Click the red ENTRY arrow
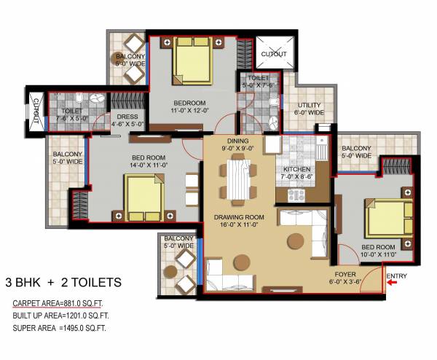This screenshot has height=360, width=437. (x=394, y=285)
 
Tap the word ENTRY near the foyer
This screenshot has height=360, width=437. (x=397, y=275)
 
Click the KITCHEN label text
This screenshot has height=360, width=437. (x=296, y=169)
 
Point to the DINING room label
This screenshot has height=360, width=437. (x=238, y=141)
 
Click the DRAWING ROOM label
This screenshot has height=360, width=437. (x=238, y=217)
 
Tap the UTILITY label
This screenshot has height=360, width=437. (x=308, y=106)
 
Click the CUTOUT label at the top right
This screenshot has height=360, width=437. (x=274, y=53)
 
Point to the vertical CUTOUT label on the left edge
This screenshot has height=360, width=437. (x=36, y=111)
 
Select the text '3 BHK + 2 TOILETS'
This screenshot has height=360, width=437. (x=63, y=281)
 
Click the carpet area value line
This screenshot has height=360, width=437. (x=58, y=302)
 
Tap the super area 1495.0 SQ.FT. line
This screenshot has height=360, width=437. (x=59, y=329)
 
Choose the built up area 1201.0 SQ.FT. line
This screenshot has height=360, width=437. (x=59, y=316)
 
